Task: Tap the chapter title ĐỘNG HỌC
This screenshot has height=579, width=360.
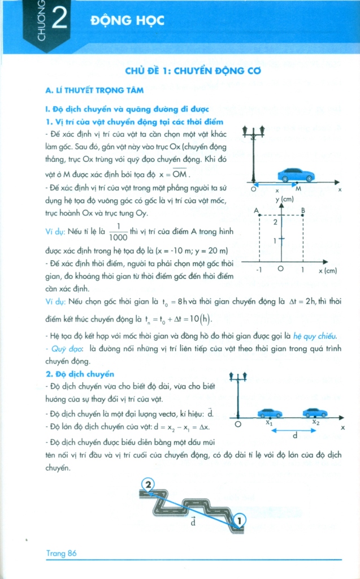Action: (127, 21)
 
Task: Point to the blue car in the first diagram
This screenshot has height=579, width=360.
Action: (295, 175)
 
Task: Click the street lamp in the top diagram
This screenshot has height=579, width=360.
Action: (253, 153)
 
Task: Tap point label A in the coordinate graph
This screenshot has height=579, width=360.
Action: (256, 211)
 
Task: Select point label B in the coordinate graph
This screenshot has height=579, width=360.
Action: (304, 211)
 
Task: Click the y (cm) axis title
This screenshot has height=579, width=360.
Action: (284, 200)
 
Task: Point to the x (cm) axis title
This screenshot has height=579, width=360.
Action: (327, 271)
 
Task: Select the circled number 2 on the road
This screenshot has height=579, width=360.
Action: (148, 485)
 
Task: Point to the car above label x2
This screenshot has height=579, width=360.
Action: (315, 413)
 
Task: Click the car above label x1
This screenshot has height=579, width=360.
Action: (270, 413)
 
